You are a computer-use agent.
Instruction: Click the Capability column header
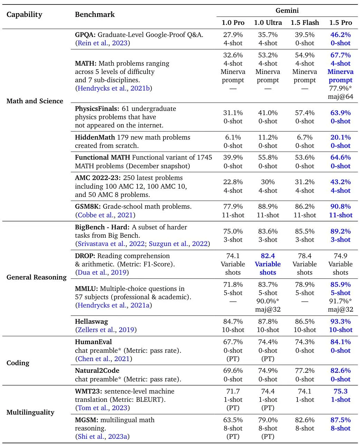coord(24,15)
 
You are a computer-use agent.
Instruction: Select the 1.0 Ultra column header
coord(268,23)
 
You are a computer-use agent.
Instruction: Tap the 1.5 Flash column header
coord(305,23)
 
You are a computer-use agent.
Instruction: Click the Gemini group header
coord(287,11)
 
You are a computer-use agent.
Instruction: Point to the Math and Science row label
coord(35,101)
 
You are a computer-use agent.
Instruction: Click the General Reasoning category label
coord(36,277)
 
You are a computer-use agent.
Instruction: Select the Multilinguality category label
coord(30,413)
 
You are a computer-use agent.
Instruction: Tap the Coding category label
coord(18,363)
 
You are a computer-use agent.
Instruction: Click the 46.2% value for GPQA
coord(340,35)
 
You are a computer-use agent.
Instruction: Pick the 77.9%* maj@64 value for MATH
coord(340,88)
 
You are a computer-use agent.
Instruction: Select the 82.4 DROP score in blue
coord(268,256)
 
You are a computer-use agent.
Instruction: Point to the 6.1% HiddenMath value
coord(233,138)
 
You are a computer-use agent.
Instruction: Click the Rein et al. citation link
coord(94,43)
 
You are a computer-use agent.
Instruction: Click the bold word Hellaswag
coord(92,322)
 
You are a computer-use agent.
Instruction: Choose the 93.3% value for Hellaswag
coord(340,322)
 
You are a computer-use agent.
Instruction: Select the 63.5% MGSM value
coord(233,420)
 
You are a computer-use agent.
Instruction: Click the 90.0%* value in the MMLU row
coord(268,301)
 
